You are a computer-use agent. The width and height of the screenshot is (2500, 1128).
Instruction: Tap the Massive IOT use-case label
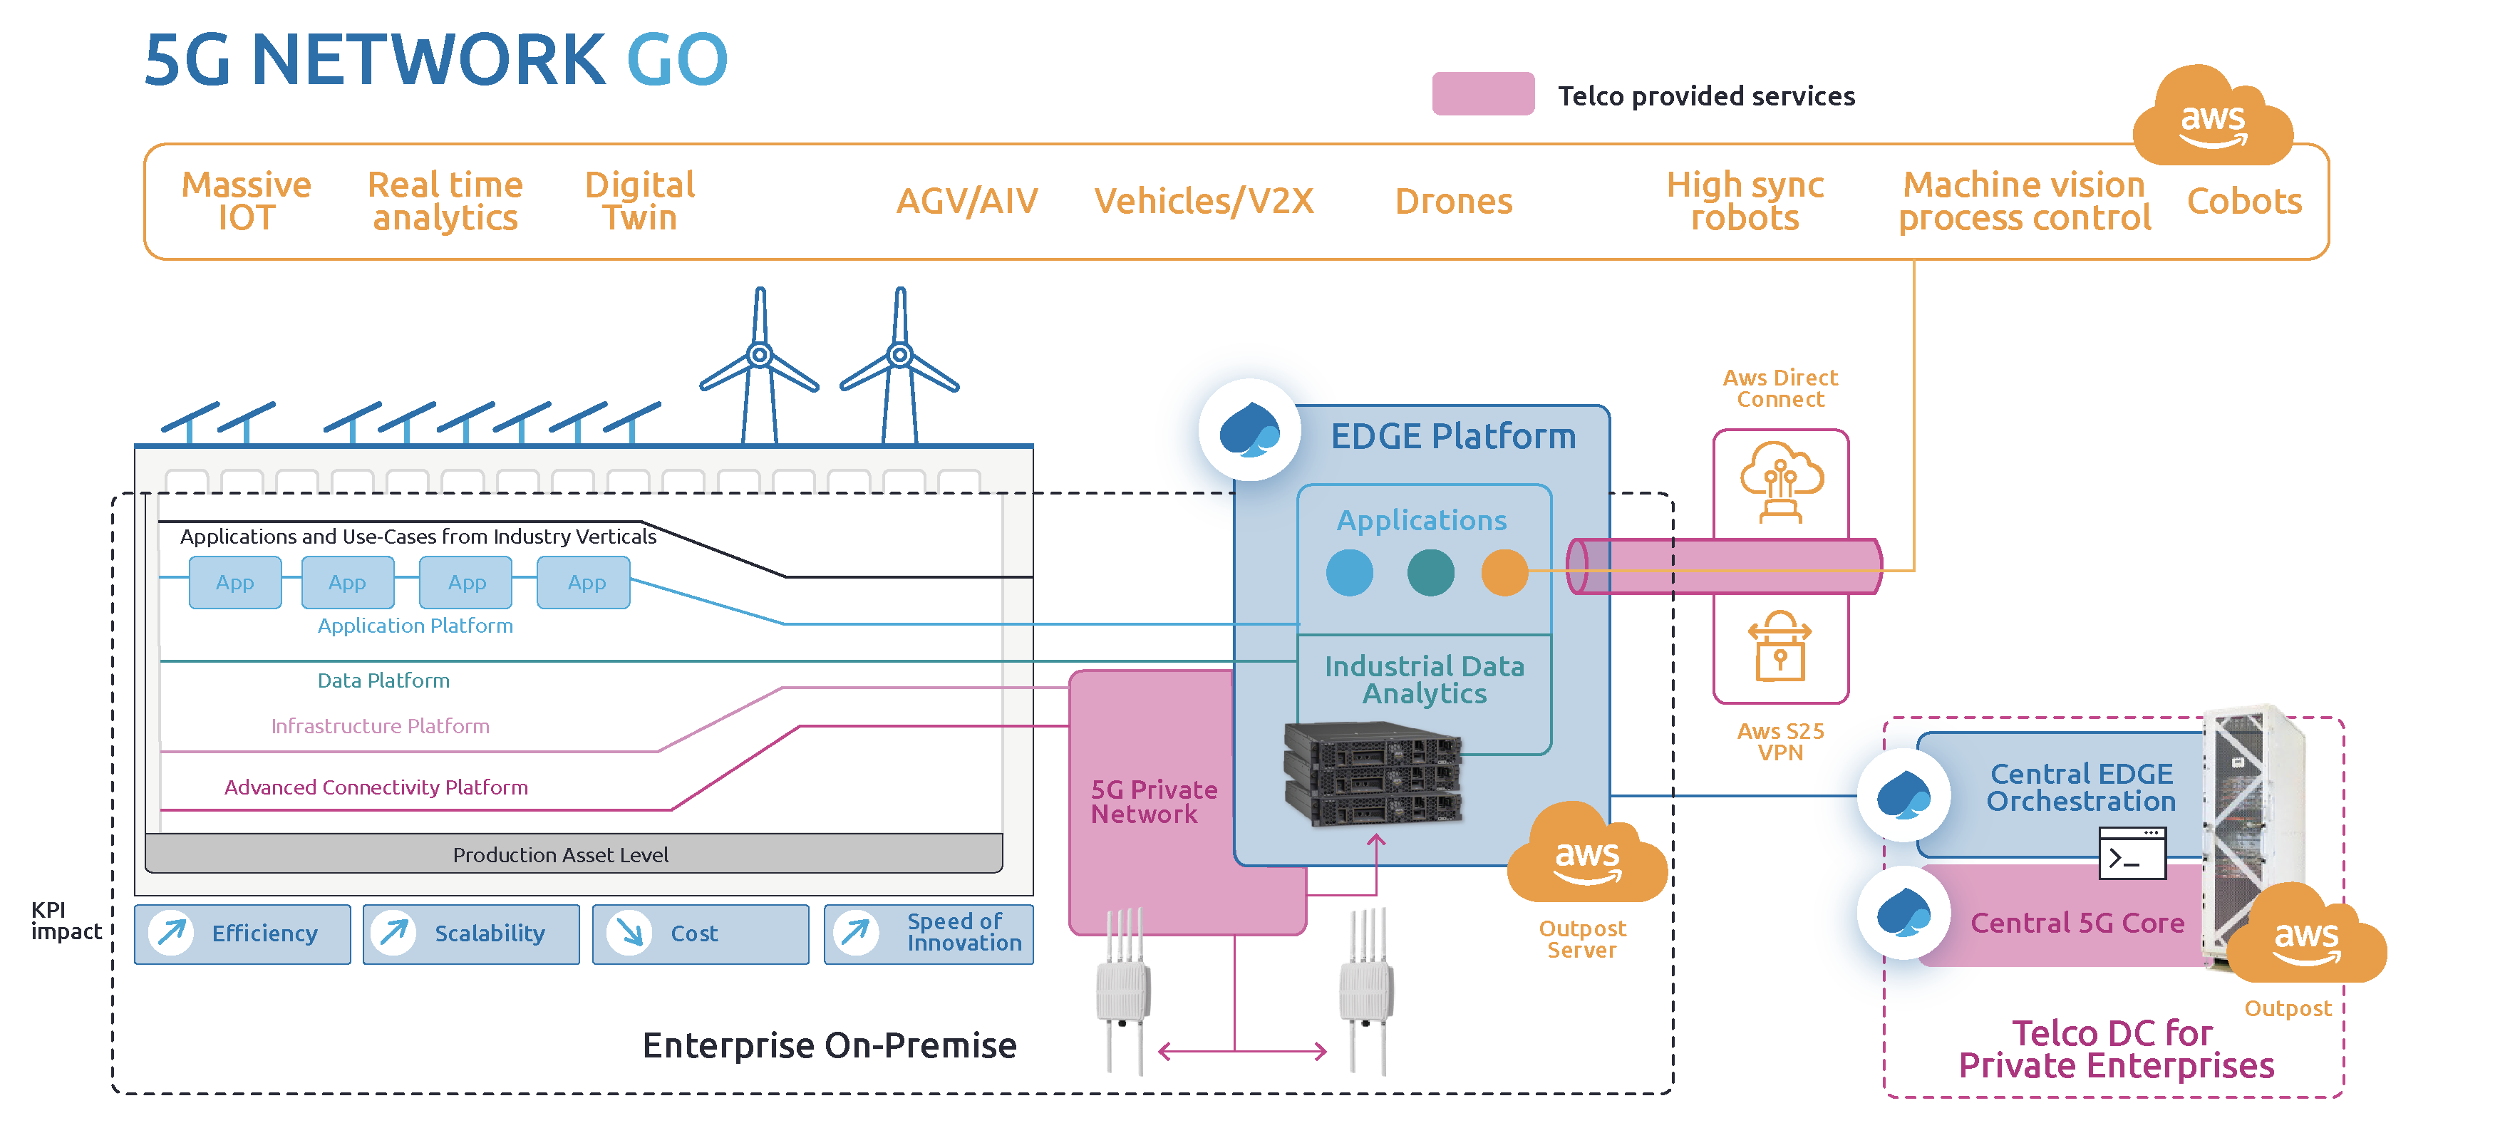(247, 201)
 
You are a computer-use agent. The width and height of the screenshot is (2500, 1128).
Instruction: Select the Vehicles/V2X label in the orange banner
(1204, 201)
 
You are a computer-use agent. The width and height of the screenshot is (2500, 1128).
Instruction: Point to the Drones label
(1453, 201)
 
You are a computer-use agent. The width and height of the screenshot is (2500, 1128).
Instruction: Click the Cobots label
(2243, 201)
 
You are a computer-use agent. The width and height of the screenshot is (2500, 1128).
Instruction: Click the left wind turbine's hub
(760, 354)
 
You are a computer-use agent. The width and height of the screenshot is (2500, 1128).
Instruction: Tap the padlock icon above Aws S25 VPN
(1780, 648)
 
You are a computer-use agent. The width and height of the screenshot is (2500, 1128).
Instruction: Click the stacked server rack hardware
(1373, 774)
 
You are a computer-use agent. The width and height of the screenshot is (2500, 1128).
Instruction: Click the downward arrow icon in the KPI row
(629, 933)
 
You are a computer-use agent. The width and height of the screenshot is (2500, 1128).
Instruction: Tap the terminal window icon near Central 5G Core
(2132, 854)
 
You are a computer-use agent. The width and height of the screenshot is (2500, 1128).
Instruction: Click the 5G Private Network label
(1153, 802)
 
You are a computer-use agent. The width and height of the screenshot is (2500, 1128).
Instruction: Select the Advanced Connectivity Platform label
(376, 787)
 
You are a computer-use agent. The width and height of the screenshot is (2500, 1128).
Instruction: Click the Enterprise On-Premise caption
(829, 1045)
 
